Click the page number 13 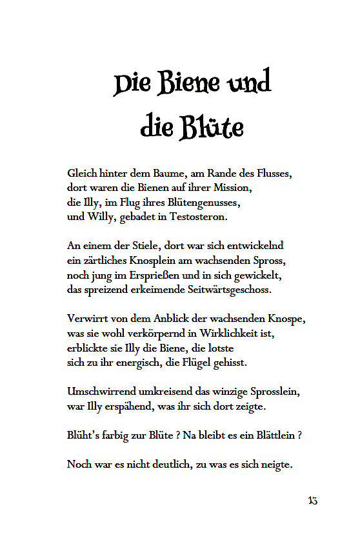tap(312, 501)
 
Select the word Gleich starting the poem tap(83, 174)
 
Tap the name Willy tap(100, 217)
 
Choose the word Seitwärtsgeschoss tap(227, 290)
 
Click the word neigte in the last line tap(275, 464)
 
